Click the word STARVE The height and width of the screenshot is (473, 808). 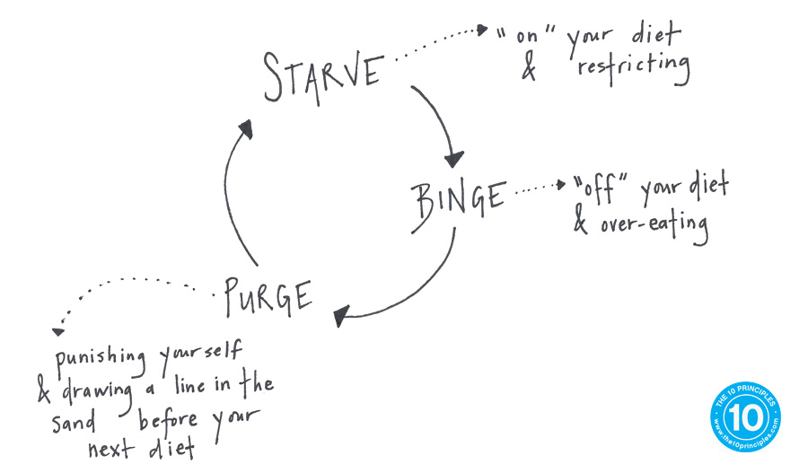point(322,76)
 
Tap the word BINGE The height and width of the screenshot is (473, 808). point(458,196)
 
